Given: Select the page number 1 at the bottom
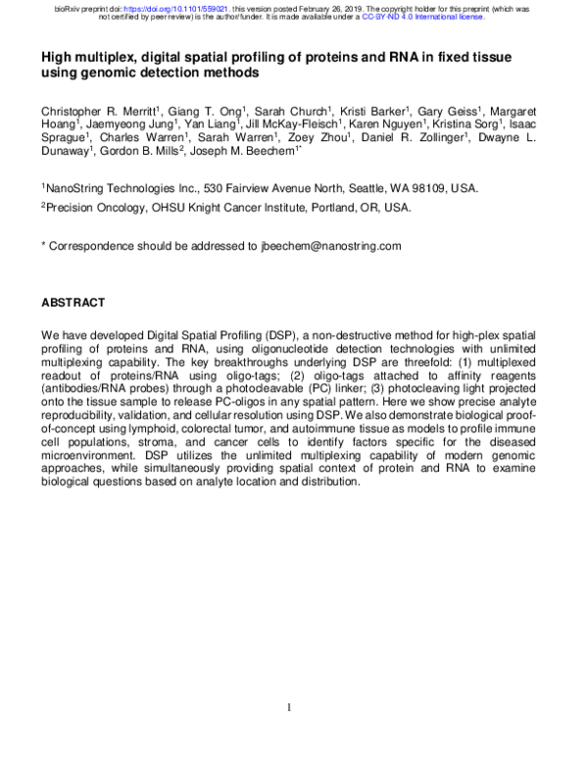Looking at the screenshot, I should point(289,707).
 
